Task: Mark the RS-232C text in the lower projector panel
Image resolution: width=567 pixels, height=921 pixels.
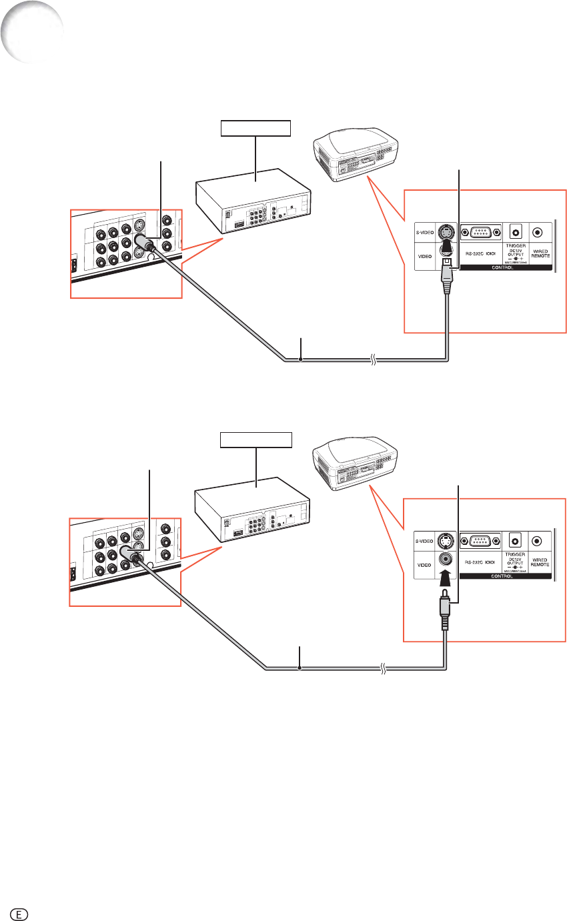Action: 478,564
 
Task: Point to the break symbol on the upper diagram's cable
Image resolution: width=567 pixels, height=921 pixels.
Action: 374,360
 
